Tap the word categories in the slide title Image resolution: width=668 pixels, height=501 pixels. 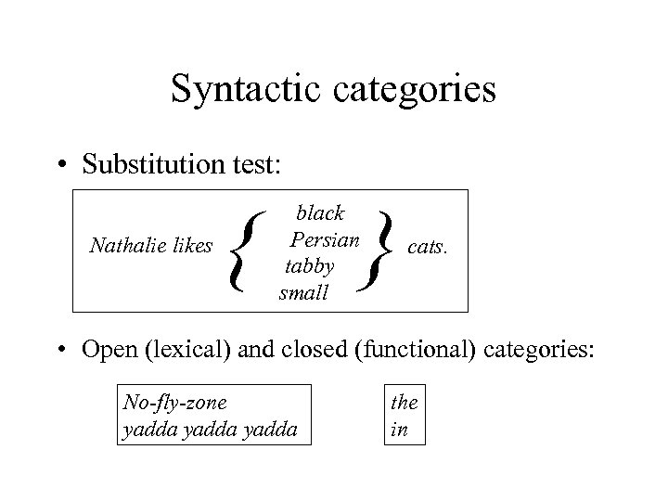tap(407, 89)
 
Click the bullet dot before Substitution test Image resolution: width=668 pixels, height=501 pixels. tap(60, 165)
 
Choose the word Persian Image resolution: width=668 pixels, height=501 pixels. tap(324, 239)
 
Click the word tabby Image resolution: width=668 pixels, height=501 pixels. tap(309, 266)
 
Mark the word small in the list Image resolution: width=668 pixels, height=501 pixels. tap(303, 293)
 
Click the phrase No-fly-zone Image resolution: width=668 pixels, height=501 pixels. tap(174, 403)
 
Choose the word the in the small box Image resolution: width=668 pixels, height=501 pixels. tap(404, 403)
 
